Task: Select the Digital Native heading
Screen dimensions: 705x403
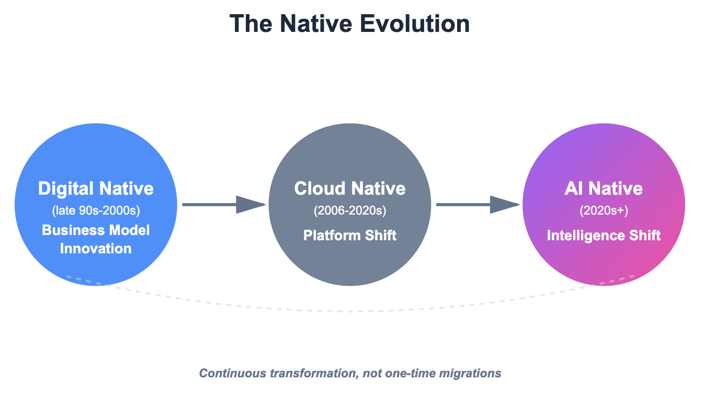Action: point(96,188)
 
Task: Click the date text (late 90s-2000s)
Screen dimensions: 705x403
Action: point(96,211)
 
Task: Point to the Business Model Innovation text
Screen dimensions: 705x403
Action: point(96,239)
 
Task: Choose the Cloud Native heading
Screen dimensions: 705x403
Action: point(350,188)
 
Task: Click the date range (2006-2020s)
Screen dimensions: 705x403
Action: point(350,211)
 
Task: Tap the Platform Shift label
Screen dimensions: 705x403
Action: point(350,236)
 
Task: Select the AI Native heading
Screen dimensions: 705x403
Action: point(604,188)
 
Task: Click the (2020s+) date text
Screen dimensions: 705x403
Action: point(604,211)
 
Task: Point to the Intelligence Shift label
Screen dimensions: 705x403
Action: point(604,236)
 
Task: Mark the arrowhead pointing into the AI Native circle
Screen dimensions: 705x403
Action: point(505,205)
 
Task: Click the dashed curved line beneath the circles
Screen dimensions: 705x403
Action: point(350,311)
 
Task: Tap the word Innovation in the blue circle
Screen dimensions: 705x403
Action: point(96,248)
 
